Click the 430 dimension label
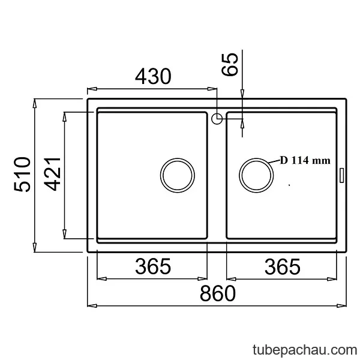153,76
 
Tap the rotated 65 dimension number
230,64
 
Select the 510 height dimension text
22,174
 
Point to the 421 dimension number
52,174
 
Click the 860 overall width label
218,293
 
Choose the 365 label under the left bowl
153,266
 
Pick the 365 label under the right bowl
283,267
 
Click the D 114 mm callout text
305,160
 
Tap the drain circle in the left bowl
178,158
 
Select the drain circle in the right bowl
256,158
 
